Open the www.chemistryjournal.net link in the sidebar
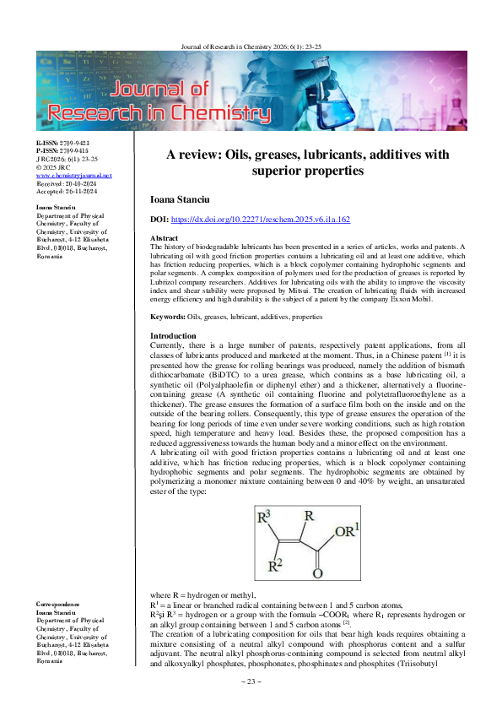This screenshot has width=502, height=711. [63, 175]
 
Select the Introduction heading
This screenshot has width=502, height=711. [173, 336]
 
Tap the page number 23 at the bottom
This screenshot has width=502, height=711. [251, 681]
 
